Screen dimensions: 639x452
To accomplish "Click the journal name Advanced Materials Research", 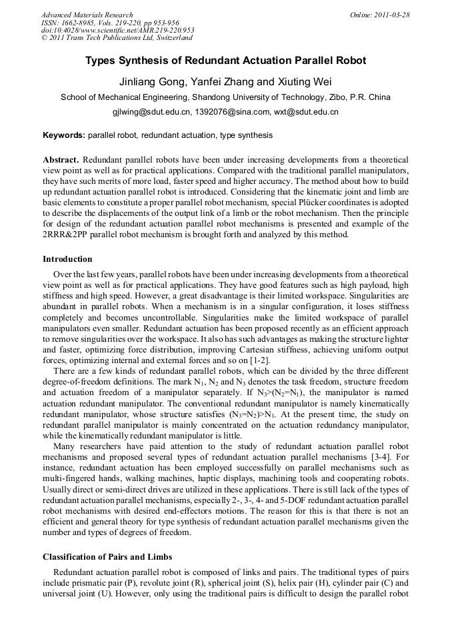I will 87,15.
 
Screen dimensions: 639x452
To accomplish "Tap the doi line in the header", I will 117,31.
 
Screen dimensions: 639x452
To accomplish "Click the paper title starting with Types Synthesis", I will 225,61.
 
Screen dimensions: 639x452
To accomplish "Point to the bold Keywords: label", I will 64,135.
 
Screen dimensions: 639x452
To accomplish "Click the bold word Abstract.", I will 61,161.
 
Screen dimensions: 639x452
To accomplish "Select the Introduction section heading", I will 67,259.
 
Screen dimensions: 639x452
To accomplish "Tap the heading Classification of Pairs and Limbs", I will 107,556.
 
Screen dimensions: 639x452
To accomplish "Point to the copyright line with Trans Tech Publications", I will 117,39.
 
